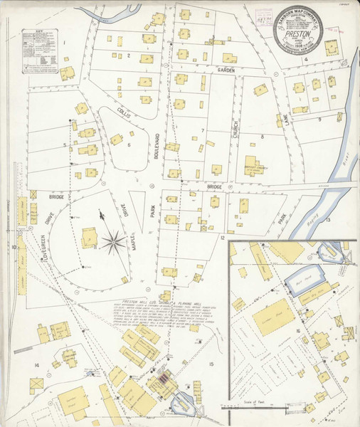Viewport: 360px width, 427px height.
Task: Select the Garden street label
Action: click(x=226, y=70)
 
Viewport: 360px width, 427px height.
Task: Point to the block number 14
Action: click(x=36, y=365)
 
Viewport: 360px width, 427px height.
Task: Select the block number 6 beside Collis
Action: click(x=129, y=144)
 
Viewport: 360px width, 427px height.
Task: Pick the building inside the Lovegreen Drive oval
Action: click(x=90, y=237)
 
